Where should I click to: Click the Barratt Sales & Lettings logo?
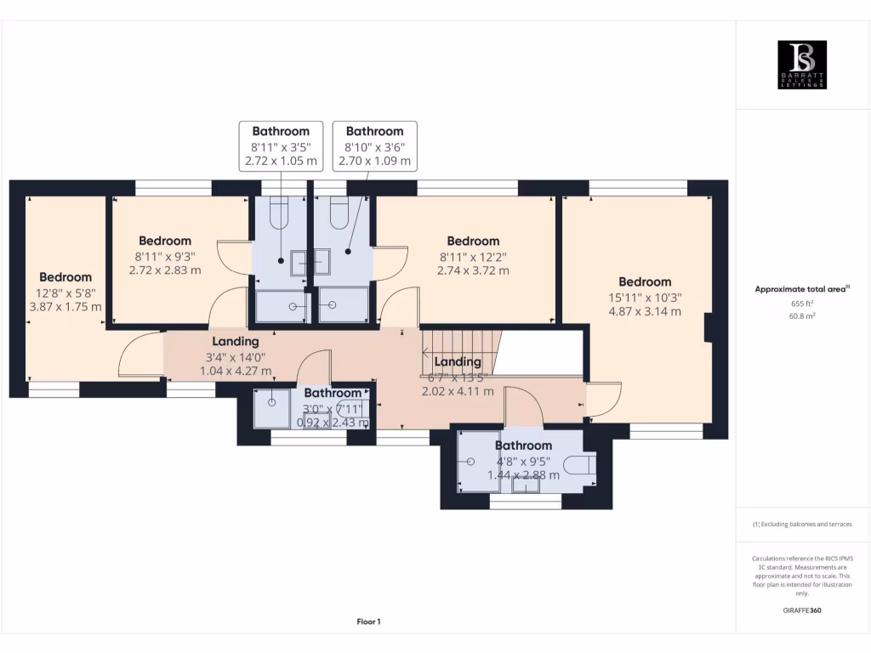802,65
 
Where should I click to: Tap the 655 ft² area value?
802,303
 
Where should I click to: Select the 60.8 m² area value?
802,315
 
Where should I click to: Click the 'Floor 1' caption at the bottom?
368,622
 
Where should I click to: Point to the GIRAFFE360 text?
802,610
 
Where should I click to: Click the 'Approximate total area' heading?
802,289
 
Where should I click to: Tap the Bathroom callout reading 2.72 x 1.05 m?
281,145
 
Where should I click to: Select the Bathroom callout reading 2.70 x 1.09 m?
374,145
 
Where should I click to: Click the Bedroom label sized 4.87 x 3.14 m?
645,296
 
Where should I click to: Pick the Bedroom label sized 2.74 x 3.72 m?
473,256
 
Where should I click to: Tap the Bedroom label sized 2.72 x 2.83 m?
165,255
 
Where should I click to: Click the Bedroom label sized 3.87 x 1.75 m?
65,292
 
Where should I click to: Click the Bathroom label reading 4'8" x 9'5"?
523,460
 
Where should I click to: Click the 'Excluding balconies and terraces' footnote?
802,525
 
